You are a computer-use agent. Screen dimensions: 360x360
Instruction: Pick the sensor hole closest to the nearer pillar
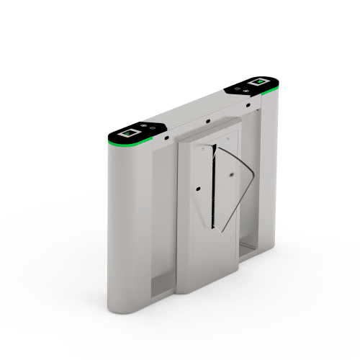pyautogui.click(x=166, y=136)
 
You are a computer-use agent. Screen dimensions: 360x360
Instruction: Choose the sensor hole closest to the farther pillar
pyautogui.click(x=248, y=106)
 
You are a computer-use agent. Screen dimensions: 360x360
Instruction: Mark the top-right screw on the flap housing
pyautogui.click(x=228, y=137)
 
